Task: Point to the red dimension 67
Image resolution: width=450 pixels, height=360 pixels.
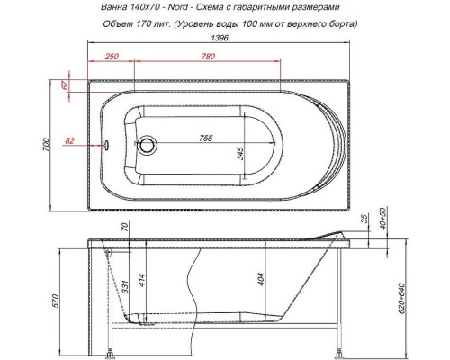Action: (65, 86)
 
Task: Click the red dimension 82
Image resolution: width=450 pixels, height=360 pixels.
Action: (71, 140)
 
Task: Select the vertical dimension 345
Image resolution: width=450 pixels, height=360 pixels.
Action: (240, 152)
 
